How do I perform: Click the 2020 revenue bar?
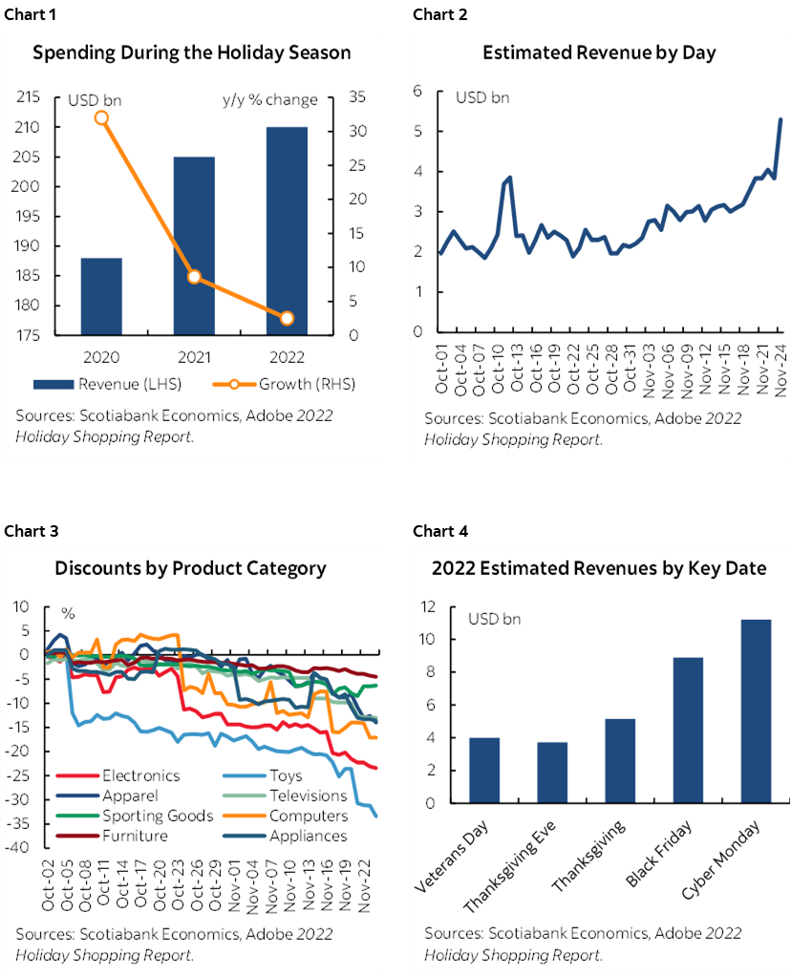101,296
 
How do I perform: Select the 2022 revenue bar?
287,230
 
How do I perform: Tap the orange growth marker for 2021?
194,277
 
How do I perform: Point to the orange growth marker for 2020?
101,117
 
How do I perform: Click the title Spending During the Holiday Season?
192,53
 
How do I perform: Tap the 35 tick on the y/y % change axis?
359,97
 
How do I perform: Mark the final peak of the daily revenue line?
781,119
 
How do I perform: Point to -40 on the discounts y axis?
19,848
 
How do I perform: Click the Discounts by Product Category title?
190,568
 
